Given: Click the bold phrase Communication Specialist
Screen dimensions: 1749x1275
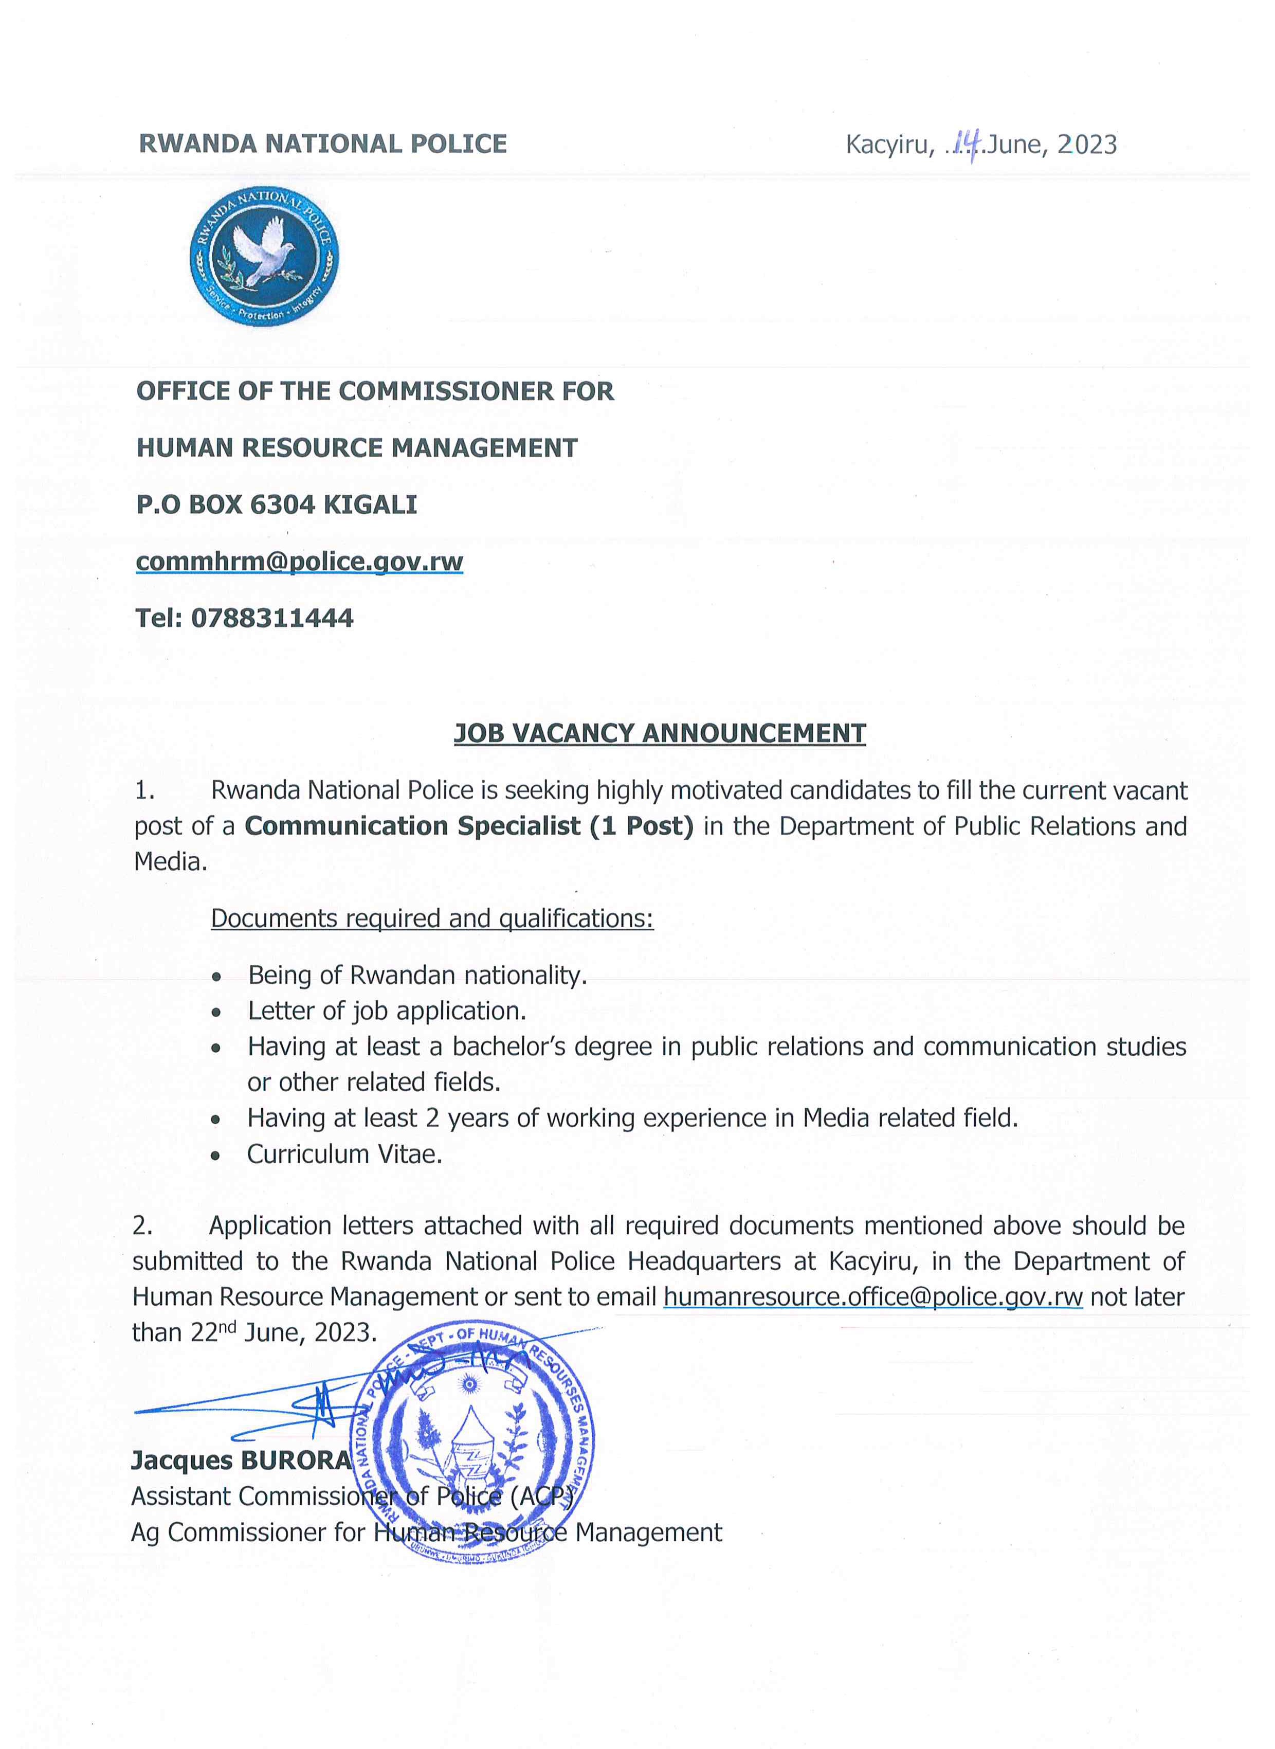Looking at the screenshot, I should pos(413,826).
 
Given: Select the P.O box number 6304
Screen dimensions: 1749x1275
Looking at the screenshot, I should pos(282,505).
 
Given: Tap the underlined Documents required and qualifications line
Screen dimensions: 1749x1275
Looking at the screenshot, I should pos(432,918).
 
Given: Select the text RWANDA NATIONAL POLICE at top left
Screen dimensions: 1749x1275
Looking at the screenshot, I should pos(323,143).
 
